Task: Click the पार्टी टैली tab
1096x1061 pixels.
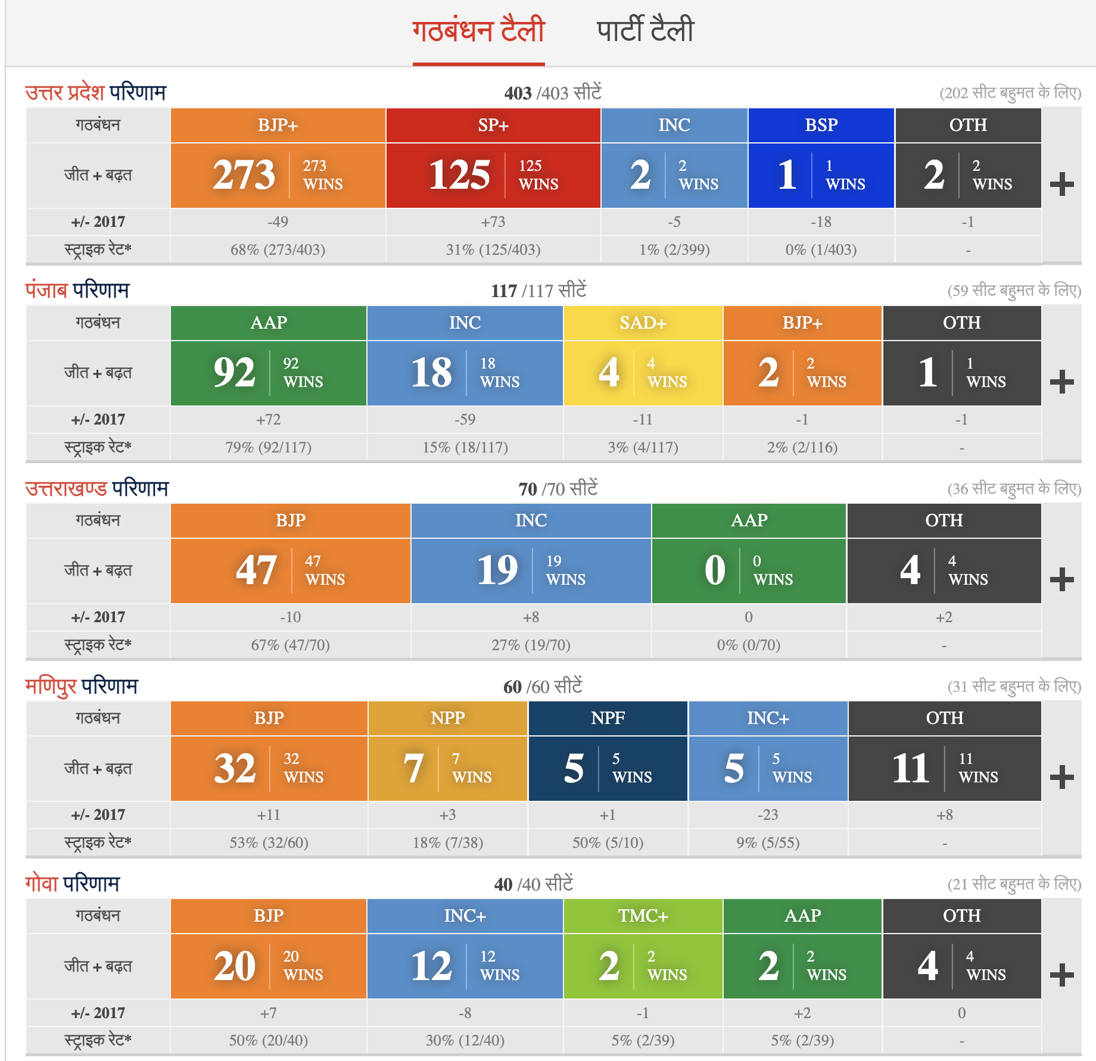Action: [645, 30]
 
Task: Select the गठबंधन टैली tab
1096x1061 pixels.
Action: [478, 30]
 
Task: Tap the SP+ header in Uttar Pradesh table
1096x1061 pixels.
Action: [493, 125]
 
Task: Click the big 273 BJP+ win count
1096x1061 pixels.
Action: [244, 175]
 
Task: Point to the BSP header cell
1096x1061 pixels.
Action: [821, 125]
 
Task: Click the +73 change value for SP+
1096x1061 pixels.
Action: [493, 222]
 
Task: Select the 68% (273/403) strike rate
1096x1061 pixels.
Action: [278, 249]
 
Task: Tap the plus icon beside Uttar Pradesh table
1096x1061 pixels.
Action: [1061, 184]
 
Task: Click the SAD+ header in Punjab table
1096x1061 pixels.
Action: [643, 323]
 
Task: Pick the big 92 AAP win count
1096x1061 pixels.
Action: [235, 373]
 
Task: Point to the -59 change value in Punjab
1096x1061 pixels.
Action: [465, 420]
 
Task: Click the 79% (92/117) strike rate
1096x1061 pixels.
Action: [268, 447]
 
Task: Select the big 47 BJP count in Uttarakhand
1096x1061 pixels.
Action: [256, 570]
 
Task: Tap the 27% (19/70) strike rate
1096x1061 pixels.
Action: [531, 645]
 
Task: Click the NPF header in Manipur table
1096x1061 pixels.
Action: [608, 718]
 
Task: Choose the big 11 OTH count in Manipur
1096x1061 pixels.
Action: [911, 768]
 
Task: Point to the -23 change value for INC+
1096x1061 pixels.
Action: [768, 815]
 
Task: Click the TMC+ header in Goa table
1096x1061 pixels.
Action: [643, 916]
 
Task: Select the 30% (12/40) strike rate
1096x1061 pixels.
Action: [465, 1040]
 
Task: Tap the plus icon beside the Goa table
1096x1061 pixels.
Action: [1061, 975]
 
